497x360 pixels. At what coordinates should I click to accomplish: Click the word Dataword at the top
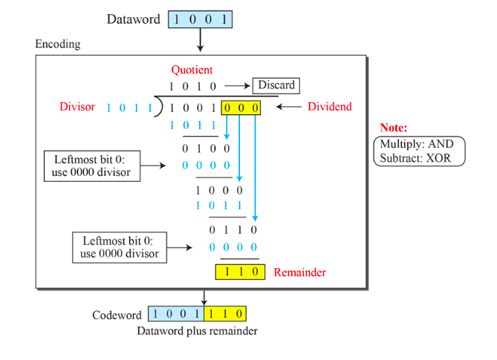pyautogui.click(x=133, y=19)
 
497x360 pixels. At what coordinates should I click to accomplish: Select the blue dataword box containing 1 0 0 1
pyautogui.click(x=200, y=19)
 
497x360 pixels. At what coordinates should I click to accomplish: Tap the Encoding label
pyautogui.click(x=58, y=45)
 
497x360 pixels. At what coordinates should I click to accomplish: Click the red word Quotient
pyautogui.click(x=192, y=70)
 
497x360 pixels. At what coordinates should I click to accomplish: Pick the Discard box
pyautogui.click(x=276, y=85)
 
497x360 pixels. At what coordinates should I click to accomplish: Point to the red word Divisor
pyautogui.click(x=77, y=107)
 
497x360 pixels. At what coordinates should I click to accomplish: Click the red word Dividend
pyautogui.click(x=330, y=107)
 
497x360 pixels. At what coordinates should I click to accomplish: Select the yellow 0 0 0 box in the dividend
pyautogui.click(x=242, y=108)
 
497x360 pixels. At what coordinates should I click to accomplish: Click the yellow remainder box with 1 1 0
pyautogui.click(x=240, y=272)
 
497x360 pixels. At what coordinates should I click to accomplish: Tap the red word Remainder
pyautogui.click(x=299, y=272)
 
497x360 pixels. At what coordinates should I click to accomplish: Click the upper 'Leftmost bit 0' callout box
pyautogui.click(x=92, y=166)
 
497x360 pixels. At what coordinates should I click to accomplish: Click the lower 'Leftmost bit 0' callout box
pyautogui.click(x=120, y=247)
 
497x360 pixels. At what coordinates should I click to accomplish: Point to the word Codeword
pyautogui.click(x=117, y=315)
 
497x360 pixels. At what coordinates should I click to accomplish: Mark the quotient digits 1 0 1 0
pyautogui.click(x=192, y=86)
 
